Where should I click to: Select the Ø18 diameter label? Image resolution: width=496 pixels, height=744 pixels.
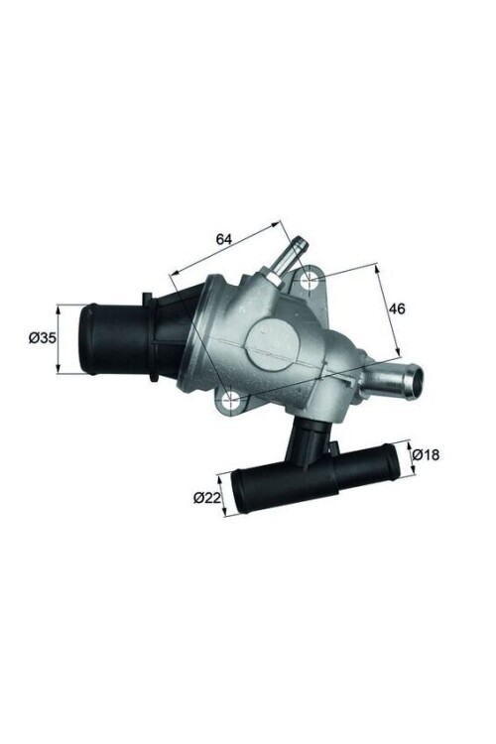(426, 454)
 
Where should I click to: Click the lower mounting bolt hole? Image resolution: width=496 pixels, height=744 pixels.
(230, 400)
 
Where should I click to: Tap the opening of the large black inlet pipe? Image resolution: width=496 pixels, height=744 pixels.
(86, 338)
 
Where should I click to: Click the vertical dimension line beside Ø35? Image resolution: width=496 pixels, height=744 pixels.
(61, 338)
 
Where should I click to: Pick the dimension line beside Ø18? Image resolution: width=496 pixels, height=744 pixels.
(407, 456)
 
